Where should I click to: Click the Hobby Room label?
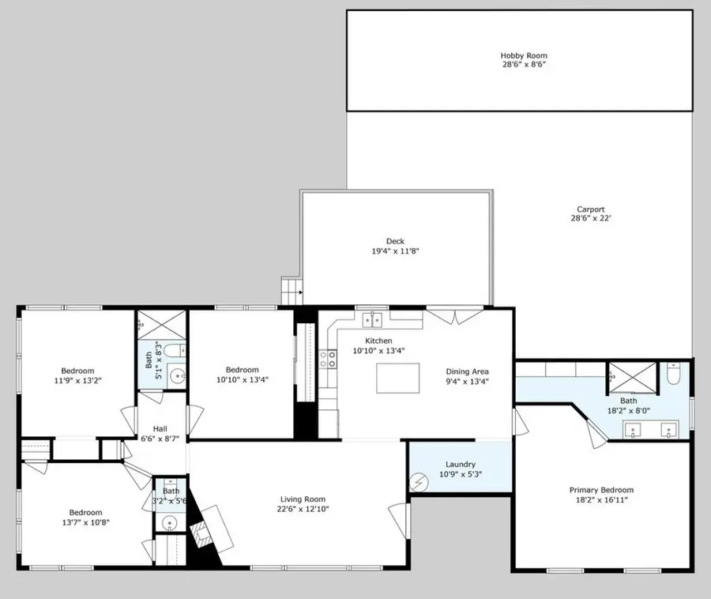point(523,55)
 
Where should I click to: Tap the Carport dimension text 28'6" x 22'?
point(591,219)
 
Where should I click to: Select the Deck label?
point(395,241)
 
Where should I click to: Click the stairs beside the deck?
point(292,291)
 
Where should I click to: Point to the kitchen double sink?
point(373,319)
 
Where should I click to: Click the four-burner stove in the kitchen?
point(326,360)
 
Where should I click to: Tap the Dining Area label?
point(468,371)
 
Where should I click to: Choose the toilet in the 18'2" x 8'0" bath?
point(673,373)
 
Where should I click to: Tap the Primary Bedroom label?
point(601,490)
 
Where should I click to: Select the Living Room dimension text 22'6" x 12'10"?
point(303,509)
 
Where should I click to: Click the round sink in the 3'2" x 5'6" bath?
point(169,523)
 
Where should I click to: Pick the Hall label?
point(160,428)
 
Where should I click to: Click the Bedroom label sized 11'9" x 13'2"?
point(77,371)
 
